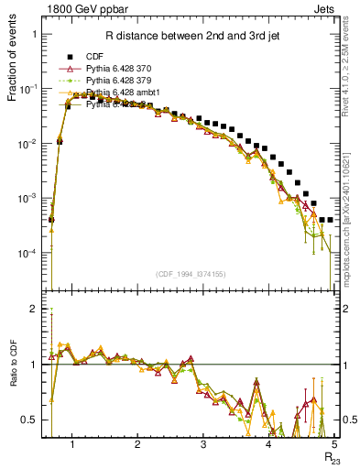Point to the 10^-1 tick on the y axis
click(x=27, y=89)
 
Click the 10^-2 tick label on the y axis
click(x=27, y=144)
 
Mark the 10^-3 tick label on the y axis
click(x=27, y=199)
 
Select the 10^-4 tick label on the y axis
click(x=27, y=254)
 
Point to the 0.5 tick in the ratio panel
click(x=30, y=420)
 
